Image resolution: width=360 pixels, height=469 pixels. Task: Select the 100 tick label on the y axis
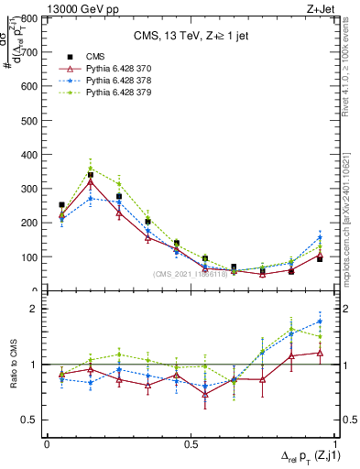[27, 257]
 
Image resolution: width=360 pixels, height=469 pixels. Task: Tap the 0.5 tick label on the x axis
[190, 442]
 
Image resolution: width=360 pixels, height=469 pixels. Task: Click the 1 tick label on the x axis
[333, 442]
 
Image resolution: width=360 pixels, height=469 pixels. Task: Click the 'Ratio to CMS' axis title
[12, 364]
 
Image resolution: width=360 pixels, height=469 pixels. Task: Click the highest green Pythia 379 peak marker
[90, 169]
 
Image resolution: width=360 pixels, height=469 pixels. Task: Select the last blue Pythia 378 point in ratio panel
[320, 322]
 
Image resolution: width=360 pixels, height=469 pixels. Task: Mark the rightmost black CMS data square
[320, 258]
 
